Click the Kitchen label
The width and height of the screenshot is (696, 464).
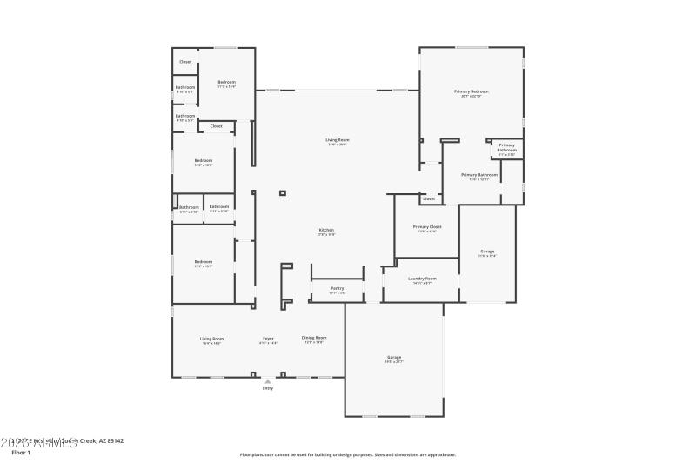pos(326,230)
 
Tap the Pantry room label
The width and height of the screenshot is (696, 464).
pos(338,288)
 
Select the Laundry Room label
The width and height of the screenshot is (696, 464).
pos(422,279)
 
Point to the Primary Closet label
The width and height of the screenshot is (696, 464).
pos(426,227)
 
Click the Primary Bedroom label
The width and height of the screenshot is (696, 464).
pos(472,91)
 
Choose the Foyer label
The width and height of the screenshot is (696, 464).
pos(269,338)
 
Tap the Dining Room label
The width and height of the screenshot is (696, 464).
pos(314,338)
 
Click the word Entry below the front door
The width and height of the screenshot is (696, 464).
pos(268,387)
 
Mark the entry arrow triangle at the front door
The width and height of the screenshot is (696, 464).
pos(268,380)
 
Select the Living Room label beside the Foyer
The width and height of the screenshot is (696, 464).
pos(212,339)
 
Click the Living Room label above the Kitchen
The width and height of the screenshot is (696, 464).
pos(338,140)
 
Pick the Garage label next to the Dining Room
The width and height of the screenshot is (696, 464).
pos(394,358)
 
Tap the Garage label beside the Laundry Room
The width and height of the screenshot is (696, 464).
pos(487,252)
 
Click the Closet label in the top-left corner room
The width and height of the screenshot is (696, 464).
pos(185,62)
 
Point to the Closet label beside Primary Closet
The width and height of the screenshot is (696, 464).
pos(429,198)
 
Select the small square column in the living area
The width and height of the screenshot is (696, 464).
pos(282,192)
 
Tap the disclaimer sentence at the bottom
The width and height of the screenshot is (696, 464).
pos(348,454)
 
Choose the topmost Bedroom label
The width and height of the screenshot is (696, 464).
pos(226,82)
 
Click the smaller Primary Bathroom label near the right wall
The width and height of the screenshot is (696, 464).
pos(506,147)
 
